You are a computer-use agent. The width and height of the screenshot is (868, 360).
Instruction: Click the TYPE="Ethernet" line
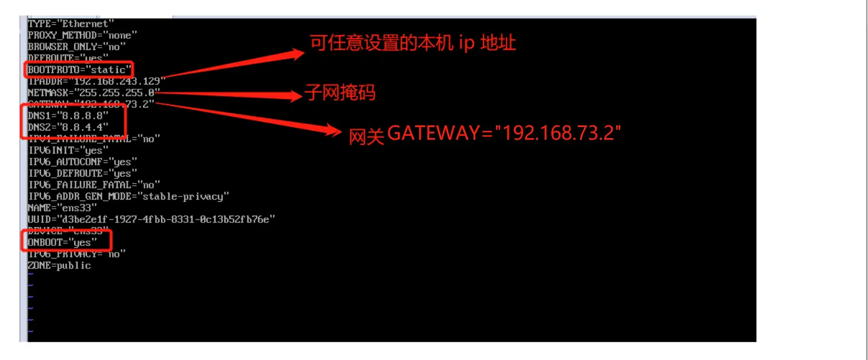[71, 24]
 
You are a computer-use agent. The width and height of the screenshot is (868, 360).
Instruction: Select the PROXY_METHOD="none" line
[83, 35]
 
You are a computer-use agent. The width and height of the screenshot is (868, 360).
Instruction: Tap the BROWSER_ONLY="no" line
[77, 47]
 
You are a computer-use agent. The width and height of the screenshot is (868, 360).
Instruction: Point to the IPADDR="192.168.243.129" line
[97, 81]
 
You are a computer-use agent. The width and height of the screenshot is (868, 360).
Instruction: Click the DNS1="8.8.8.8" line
[68, 116]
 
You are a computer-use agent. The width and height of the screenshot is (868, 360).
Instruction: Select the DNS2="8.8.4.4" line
[68, 127]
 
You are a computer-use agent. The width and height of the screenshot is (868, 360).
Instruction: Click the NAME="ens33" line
[63, 208]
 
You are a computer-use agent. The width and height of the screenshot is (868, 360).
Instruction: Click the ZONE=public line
[59, 265]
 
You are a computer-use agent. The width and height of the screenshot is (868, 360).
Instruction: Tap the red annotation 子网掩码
[340, 93]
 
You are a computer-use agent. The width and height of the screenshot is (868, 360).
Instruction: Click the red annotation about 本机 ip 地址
[413, 44]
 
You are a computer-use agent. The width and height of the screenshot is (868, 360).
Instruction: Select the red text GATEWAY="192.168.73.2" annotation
[504, 133]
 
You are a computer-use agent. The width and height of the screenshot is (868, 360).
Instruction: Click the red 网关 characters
[366, 136]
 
